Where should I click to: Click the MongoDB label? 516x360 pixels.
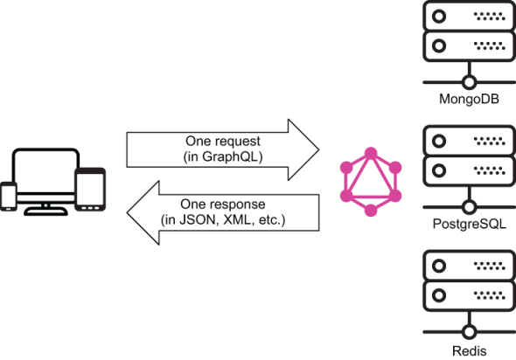[x=469, y=99]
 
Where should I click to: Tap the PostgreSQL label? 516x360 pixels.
[x=470, y=224]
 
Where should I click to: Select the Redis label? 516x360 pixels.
[x=470, y=350]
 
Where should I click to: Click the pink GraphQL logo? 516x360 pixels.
[x=371, y=182]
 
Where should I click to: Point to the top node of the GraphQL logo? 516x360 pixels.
[x=371, y=153]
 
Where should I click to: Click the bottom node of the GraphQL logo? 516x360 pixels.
[x=371, y=210]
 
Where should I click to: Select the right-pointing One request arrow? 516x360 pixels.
[x=223, y=150]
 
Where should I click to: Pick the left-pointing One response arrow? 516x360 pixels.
[x=223, y=212]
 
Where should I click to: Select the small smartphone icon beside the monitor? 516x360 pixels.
[x=9, y=196]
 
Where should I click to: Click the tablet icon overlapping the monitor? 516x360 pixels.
[x=90, y=189]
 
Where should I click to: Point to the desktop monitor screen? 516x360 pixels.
[x=45, y=171]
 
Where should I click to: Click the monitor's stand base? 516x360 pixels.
[x=45, y=211]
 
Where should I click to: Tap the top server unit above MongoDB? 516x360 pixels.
[x=470, y=16]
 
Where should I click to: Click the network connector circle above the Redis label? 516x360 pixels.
[x=470, y=332]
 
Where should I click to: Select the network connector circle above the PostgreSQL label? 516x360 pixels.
[x=470, y=207]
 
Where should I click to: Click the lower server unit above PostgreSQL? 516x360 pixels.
[x=470, y=170]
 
